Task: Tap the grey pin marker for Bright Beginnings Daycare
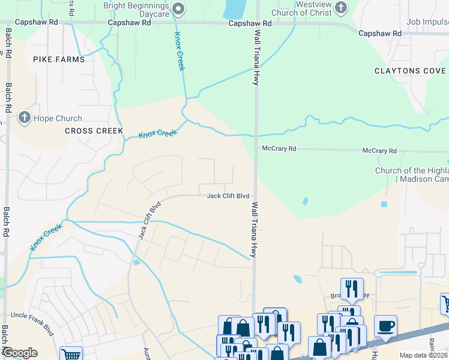pyautogui.click(x=178, y=8)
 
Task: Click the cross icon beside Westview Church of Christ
pyautogui.click(x=341, y=8)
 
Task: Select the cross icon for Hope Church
pyautogui.click(x=25, y=118)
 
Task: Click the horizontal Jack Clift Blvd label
pyautogui.click(x=228, y=196)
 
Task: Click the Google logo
pyautogui.click(x=19, y=353)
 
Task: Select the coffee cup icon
pyautogui.click(x=385, y=326)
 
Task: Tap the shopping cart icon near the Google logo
pyautogui.click(x=71, y=354)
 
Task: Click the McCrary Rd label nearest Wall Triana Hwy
pyautogui.click(x=279, y=149)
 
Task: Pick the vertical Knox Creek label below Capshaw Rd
pyautogui.click(x=179, y=51)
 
